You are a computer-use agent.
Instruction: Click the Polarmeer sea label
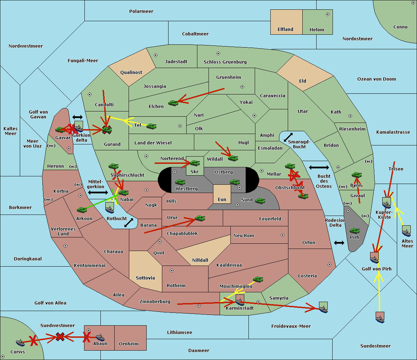point(141,11)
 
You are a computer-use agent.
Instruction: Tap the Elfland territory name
point(285,30)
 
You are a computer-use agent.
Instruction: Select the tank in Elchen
point(173,103)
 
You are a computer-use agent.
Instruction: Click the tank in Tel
point(151,126)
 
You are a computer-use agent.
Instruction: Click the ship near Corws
point(21,343)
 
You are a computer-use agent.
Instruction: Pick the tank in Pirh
point(354,231)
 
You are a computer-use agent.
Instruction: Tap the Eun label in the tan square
point(222,200)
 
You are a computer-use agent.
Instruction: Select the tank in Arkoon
point(82,210)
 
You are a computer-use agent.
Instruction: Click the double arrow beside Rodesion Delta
point(339,243)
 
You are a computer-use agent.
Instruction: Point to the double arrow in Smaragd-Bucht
point(288,137)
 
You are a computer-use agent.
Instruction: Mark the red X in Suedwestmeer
point(60,336)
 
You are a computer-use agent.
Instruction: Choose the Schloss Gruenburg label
point(225,62)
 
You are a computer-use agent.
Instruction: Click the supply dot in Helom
point(327,14)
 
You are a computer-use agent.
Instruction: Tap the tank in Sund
point(260,201)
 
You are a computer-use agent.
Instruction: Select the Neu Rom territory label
point(244,236)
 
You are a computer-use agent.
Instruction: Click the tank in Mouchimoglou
point(258,279)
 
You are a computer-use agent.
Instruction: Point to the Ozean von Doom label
point(376,79)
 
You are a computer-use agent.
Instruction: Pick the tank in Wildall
point(233,158)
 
